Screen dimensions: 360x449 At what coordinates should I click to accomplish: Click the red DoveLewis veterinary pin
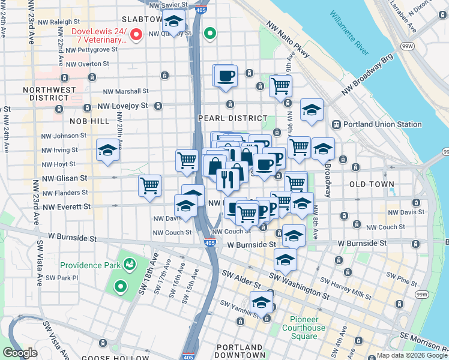pos(136,35)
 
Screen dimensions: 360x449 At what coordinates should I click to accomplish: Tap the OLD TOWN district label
pos(372,184)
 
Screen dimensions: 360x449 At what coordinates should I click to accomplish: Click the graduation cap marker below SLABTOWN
pos(174,23)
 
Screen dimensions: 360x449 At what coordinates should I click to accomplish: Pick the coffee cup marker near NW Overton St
pos(226,76)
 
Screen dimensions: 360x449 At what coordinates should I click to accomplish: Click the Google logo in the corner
pos(20,353)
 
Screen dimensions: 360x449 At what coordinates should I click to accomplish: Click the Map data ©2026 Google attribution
pos(412,355)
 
